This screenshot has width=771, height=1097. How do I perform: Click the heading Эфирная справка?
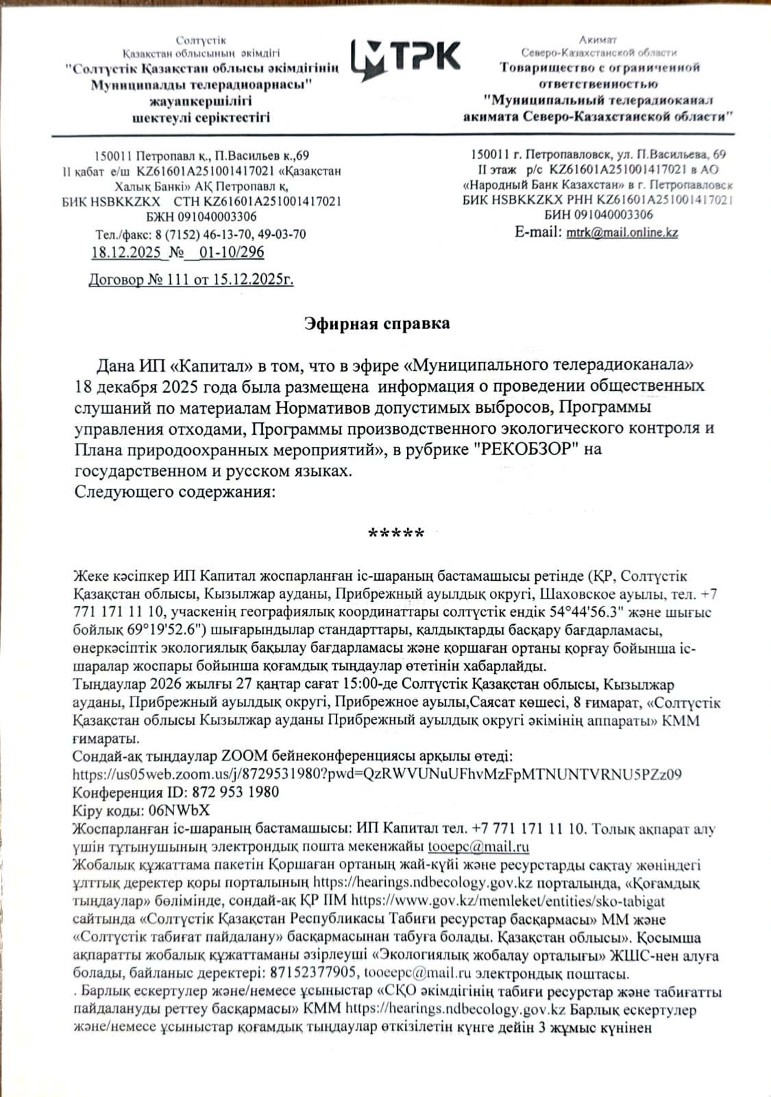(377, 324)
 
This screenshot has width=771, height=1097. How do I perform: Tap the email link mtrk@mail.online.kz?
(622, 232)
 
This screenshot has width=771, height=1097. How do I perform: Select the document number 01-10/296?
(232, 252)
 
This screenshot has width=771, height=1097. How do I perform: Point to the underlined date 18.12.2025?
(126, 252)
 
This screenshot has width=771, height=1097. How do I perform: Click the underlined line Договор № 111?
(191, 280)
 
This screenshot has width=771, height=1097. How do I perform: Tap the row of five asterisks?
(396, 533)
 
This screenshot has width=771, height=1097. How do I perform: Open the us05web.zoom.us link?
(377, 774)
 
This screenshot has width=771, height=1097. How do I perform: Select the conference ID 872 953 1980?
(236, 792)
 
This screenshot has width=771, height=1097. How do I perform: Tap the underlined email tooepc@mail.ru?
(478, 847)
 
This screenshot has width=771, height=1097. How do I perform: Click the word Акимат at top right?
(598, 40)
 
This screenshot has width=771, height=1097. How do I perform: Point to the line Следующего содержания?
(175, 492)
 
